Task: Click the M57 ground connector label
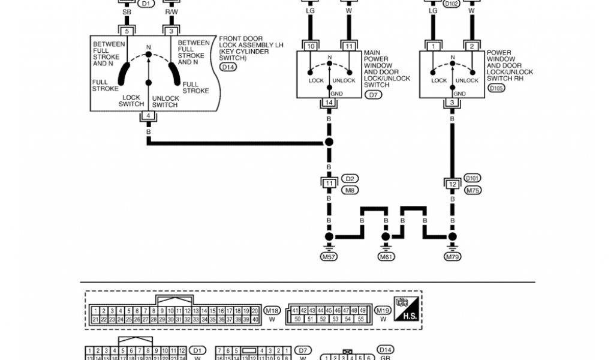click(328, 257)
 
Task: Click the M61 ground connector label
click(387, 257)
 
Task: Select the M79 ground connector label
click(452, 257)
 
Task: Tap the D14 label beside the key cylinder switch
click(228, 67)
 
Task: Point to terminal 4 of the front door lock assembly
click(148, 116)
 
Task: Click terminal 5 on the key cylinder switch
click(127, 31)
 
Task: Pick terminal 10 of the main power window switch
click(311, 46)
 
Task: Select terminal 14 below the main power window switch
click(328, 103)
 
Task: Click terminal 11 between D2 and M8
click(329, 183)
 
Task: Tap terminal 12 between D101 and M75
click(452, 183)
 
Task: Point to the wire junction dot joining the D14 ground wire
click(329, 142)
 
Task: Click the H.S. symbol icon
click(406, 309)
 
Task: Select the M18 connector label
click(272, 310)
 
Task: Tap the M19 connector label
click(383, 310)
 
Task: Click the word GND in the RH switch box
click(459, 94)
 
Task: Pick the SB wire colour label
click(127, 12)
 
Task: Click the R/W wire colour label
click(171, 12)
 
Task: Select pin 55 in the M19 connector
click(361, 319)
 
